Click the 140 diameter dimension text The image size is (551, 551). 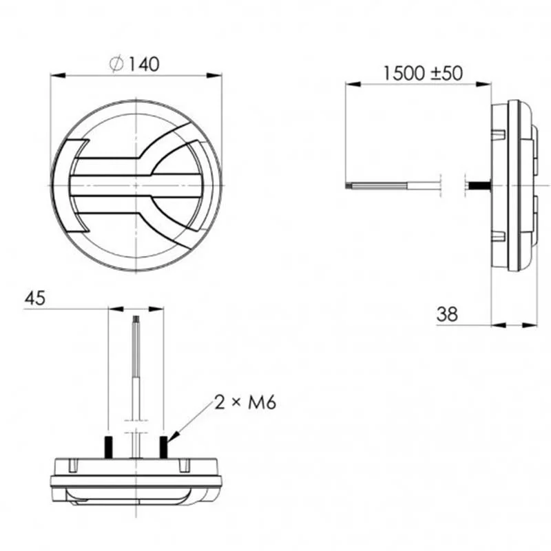click(143, 64)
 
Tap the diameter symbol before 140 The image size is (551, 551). click(116, 64)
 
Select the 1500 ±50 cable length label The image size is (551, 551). click(422, 74)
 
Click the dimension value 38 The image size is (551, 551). click(447, 314)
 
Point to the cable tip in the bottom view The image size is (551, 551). click(136, 320)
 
